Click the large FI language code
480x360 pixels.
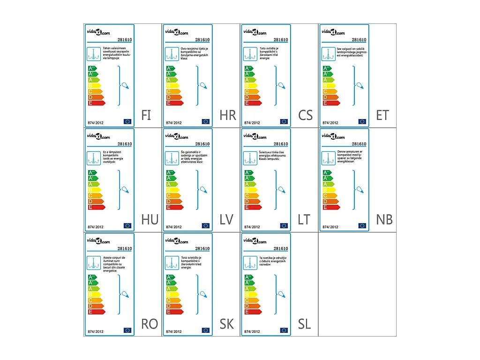point(146,115)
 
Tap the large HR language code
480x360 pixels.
point(228,115)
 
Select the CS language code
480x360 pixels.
point(305,115)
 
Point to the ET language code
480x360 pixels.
point(382,115)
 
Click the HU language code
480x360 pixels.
point(150,219)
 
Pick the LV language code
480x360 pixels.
point(226,219)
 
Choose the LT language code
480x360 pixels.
point(304,219)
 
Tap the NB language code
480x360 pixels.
point(384,219)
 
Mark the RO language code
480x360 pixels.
point(150,324)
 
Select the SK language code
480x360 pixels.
point(227,324)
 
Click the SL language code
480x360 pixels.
point(305,324)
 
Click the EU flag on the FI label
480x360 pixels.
point(127,121)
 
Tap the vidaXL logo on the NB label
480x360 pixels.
point(333,136)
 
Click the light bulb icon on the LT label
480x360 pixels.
point(282,189)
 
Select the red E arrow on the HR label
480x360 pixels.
point(174,103)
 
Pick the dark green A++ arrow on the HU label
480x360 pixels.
point(93,172)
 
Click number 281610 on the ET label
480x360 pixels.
point(359,40)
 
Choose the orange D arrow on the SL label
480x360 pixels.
point(253,306)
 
